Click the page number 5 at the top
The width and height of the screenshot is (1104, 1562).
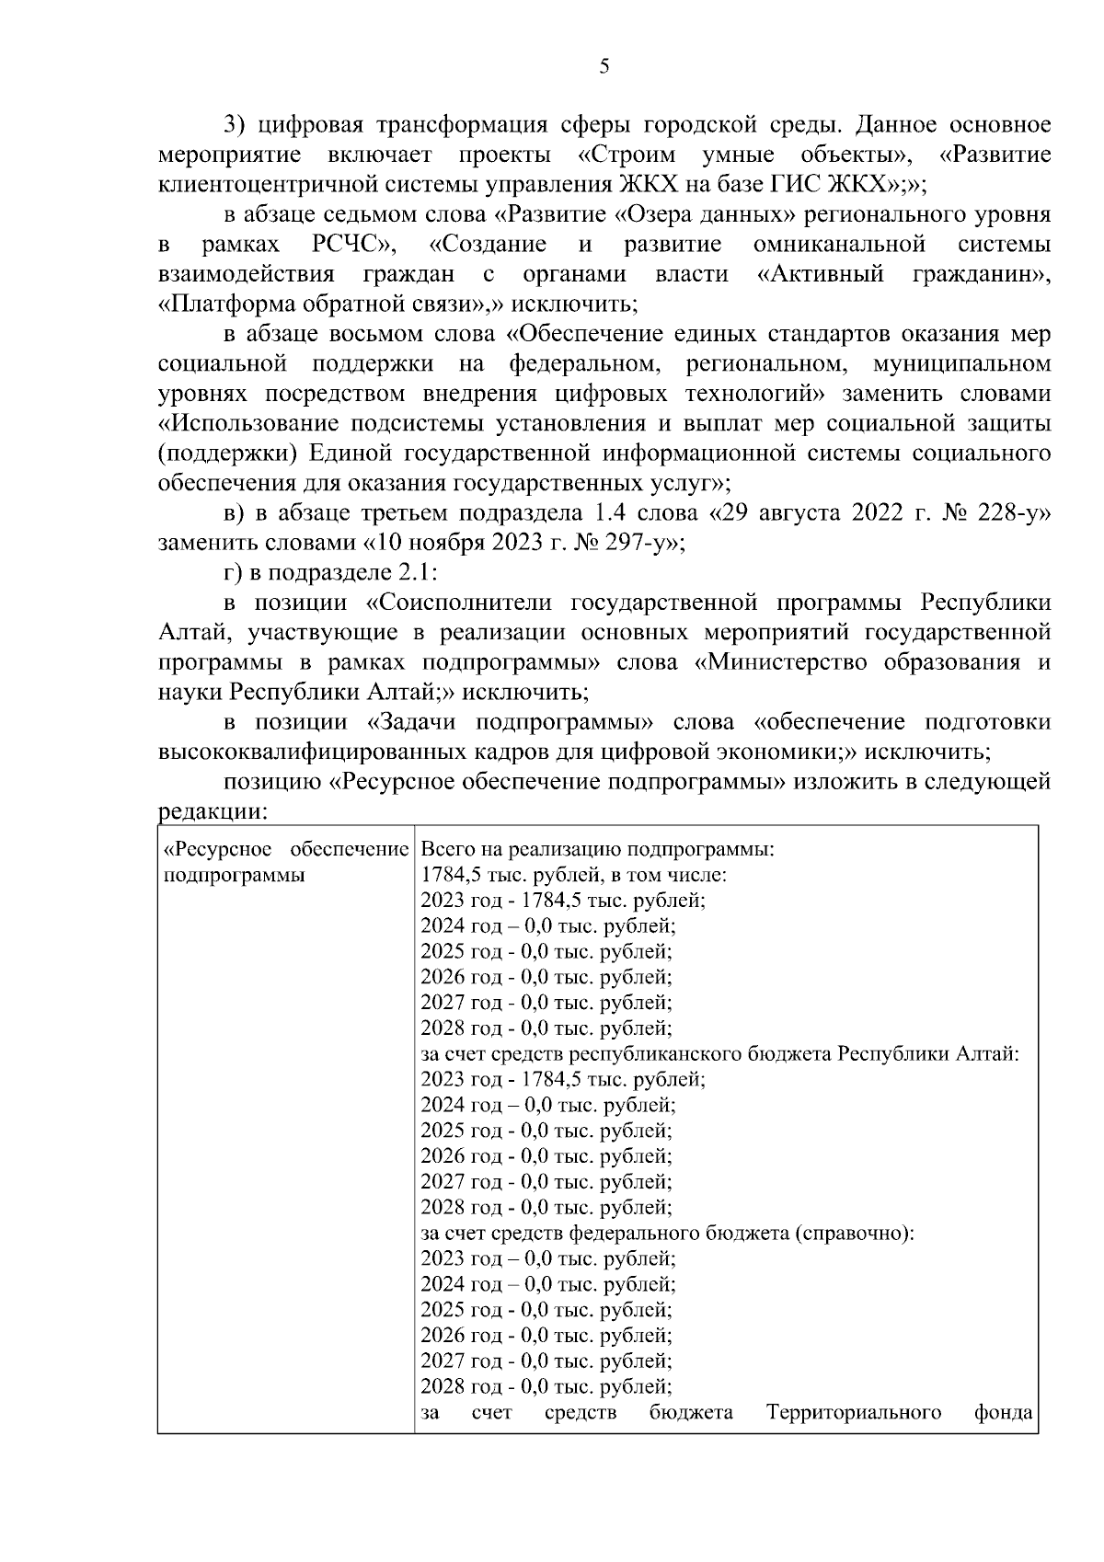point(604,66)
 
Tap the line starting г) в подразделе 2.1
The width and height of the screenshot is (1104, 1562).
point(332,573)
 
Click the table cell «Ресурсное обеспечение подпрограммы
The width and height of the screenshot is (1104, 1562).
point(285,862)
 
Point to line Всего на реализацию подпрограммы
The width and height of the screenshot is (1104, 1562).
point(597,849)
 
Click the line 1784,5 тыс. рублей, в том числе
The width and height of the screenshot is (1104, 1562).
point(575,875)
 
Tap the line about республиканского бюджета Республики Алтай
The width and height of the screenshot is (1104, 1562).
point(719,1054)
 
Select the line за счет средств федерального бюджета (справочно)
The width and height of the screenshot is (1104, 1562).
point(667,1233)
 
